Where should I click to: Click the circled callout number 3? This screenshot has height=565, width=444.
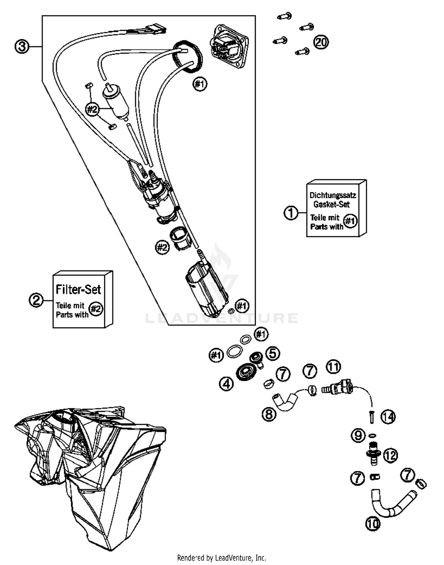[22, 47]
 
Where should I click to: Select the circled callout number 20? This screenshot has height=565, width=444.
[321, 42]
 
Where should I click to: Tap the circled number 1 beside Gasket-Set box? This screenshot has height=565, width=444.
[291, 213]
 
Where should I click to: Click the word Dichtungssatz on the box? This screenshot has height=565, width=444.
[332, 195]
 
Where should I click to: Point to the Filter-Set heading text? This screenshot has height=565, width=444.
[78, 289]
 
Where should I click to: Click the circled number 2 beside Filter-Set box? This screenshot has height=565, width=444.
[36, 300]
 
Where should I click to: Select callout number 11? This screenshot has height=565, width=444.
[333, 367]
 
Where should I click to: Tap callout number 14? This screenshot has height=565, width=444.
[388, 417]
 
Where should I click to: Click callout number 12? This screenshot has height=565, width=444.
[390, 455]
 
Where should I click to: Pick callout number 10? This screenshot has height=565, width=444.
[372, 524]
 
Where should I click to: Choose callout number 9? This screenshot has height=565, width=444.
[358, 435]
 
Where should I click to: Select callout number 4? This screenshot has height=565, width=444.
[226, 384]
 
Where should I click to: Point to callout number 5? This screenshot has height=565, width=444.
[273, 353]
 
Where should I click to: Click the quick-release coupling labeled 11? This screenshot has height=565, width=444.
[339, 388]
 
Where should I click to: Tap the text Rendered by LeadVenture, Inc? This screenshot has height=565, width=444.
[221, 558]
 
